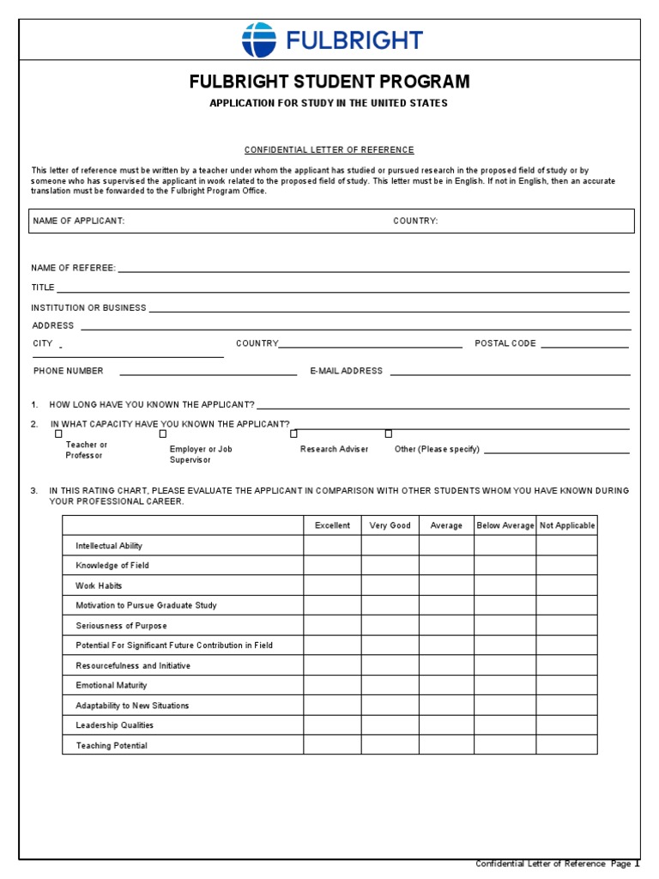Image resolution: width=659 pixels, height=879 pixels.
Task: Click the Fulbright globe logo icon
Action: pyautogui.click(x=259, y=40)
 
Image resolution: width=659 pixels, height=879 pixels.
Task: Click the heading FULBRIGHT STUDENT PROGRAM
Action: pyautogui.click(x=329, y=82)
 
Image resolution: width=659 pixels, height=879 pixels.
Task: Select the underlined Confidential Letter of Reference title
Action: pyautogui.click(x=329, y=149)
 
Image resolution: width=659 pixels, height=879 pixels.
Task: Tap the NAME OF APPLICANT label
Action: pyautogui.click(x=79, y=221)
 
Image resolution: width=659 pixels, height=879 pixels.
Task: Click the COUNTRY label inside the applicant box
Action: pyautogui.click(x=415, y=221)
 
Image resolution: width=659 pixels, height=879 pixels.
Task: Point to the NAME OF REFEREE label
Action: pyautogui.click(x=74, y=268)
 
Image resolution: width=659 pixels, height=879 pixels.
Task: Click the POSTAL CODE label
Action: pyautogui.click(x=505, y=343)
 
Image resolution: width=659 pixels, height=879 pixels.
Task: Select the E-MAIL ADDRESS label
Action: pyautogui.click(x=347, y=371)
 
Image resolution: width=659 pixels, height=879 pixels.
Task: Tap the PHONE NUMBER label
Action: pyautogui.click(x=69, y=371)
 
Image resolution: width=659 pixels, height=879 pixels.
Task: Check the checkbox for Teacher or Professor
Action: pyautogui.click(x=58, y=433)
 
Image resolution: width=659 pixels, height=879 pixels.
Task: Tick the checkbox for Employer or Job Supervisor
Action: pyautogui.click(x=163, y=433)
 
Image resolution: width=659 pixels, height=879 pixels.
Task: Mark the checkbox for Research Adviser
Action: pyautogui.click(x=293, y=433)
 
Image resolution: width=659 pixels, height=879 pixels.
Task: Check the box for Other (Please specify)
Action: pyautogui.click(x=388, y=433)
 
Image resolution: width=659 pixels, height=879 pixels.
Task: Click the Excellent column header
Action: pyautogui.click(x=332, y=525)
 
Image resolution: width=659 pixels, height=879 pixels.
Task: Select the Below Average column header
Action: pyautogui.click(x=505, y=525)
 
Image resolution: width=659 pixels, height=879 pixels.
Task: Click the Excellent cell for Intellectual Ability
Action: pyautogui.click(x=332, y=545)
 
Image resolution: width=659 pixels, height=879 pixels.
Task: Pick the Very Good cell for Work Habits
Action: pyautogui.click(x=390, y=585)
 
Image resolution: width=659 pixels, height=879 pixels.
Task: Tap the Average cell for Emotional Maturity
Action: pyautogui.click(x=446, y=685)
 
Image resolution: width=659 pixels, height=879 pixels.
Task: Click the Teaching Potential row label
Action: pyautogui.click(x=112, y=745)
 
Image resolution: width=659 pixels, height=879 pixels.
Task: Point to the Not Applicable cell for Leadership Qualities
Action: pyautogui.click(x=566, y=725)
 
